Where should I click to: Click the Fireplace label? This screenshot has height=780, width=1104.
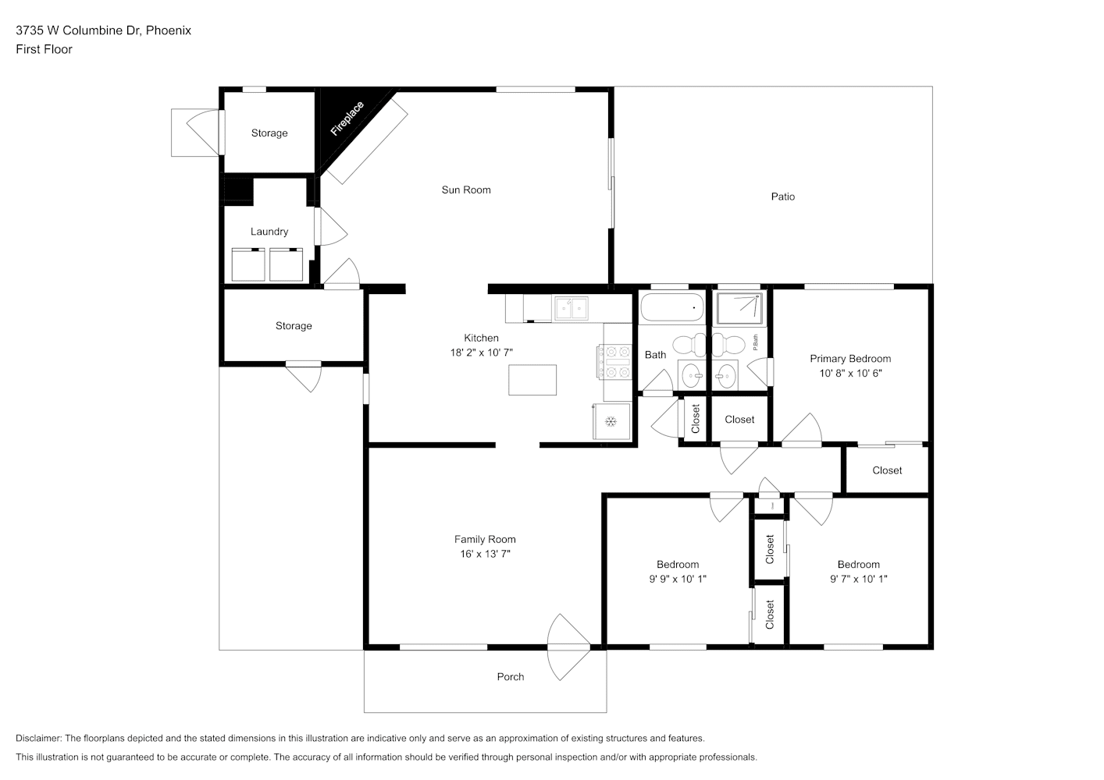[x=347, y=119]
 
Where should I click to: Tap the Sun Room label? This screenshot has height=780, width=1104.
[x=466, y=190]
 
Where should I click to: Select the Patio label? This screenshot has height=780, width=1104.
[x=782, y=197]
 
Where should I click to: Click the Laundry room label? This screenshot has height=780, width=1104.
[x=269, y=232]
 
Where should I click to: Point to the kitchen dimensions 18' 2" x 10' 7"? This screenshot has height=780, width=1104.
[x=481, y=353]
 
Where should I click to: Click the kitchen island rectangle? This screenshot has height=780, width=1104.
[x=532, y=380]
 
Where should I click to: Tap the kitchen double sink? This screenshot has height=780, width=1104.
[x=572, y=309]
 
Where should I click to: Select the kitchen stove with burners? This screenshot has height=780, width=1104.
[x=615, y=362]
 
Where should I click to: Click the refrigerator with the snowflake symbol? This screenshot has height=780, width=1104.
[x=611, y=421]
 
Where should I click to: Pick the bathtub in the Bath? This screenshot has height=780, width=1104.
[x=672, y=308]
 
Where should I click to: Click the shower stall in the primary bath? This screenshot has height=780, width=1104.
[x=739, y=309]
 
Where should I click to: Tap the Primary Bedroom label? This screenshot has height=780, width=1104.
[x=850, y=359]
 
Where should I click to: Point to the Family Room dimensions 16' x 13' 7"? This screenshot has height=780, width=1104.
[x=485, y=554]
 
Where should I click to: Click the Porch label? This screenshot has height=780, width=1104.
[x=510, y=676]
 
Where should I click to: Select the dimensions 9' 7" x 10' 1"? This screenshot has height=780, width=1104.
[x=859, y=579]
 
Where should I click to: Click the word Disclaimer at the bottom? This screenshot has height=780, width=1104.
[x=38, y=738]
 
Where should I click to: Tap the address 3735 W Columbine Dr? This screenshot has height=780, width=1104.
[x=79, y=30]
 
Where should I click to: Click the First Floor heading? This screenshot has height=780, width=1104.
[x=44, y=49]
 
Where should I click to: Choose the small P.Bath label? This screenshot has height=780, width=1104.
[x=755, y=342]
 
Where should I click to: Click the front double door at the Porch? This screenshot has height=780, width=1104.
[x=568, y=647]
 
